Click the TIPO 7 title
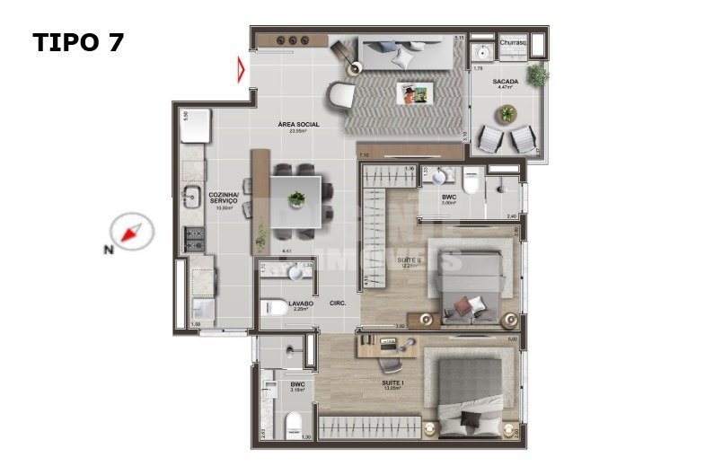point(78,42)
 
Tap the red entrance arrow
point(241,70)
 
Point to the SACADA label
point(505,82)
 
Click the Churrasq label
point(512,42)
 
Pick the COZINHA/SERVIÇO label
point(223,198)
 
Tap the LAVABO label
point(301,303)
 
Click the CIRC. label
point(339,303)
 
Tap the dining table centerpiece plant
point(295,198)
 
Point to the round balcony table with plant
point(507,114)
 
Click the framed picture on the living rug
point(417,92)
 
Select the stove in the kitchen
point(195,239)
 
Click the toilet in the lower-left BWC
point(293,426)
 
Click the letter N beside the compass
point(108,251)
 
